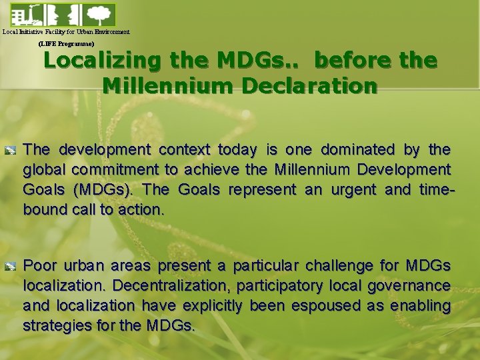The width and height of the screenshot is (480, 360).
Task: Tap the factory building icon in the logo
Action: (20, 14)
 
